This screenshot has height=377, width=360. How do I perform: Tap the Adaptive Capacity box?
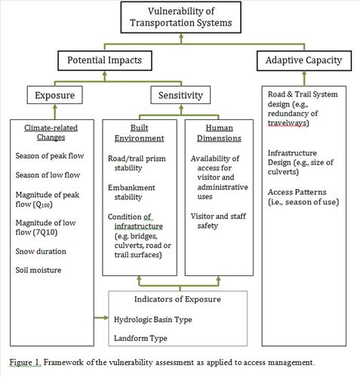pos(304,60)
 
